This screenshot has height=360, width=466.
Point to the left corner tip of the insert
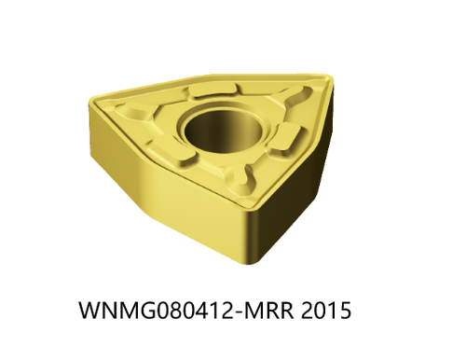coord(93,97)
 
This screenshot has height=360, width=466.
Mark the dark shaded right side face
coord(298,201)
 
